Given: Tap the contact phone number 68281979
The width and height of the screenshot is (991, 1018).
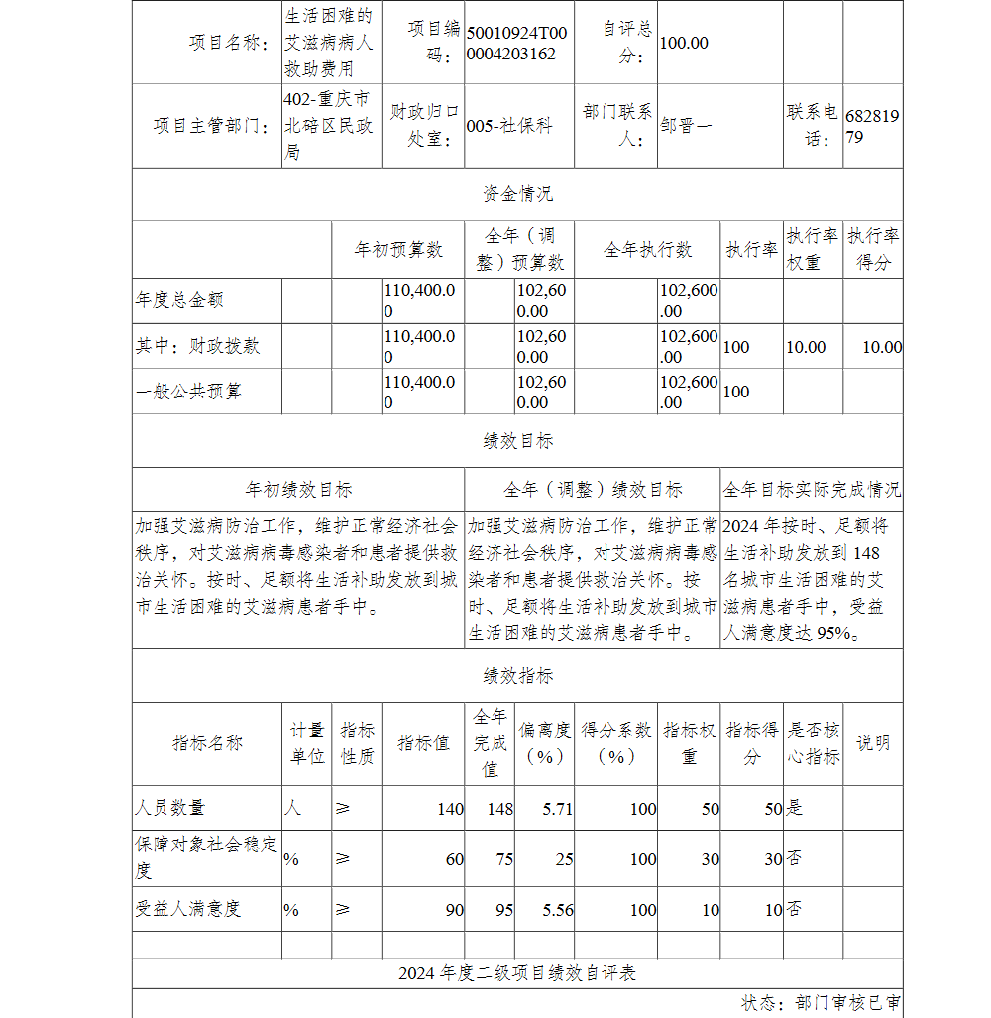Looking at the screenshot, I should click(871, 127).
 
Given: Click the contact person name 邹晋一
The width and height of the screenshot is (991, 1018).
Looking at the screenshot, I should click(686, 126).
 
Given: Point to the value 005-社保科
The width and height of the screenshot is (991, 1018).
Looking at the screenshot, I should click(508, 126).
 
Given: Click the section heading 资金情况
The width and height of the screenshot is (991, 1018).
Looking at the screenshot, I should click(517, 194).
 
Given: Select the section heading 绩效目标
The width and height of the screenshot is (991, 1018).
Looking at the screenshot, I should click(517, 441).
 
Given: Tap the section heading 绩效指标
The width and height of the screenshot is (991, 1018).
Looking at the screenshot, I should click(517, 676).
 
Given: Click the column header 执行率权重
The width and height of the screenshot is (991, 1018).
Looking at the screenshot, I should click(813, 249).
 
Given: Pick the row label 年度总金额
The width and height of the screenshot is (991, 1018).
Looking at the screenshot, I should click(173, 300).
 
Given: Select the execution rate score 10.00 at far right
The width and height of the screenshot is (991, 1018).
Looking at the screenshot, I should click(881, 347).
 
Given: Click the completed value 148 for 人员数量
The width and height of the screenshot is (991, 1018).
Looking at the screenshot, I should click(499, 809).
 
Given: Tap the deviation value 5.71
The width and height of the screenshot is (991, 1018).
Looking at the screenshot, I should click(557, 809).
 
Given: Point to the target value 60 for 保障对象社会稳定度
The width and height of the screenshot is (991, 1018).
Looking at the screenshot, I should click(454, 859).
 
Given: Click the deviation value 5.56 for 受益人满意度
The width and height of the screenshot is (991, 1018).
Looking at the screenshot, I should click(557, 910).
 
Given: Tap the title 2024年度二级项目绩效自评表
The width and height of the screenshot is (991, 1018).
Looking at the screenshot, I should click(517, 973).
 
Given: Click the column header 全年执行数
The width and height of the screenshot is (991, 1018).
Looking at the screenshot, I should click(647, 250).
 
